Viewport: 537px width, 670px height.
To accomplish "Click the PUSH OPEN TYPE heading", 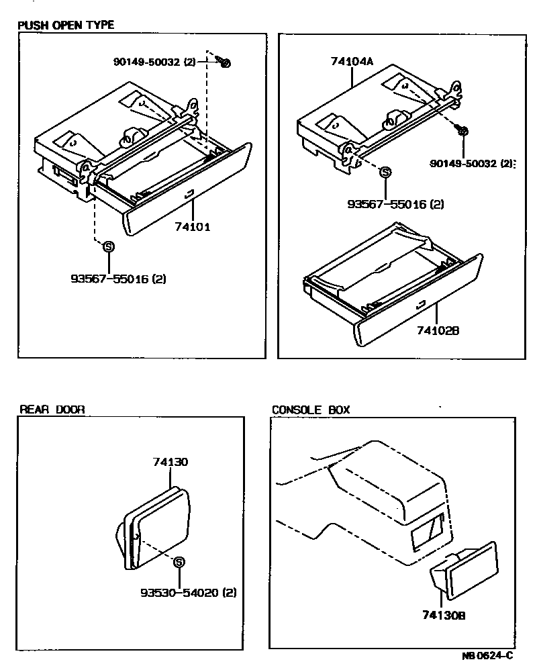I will point(66,25).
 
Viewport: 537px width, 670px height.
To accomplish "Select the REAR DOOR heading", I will point(51,410).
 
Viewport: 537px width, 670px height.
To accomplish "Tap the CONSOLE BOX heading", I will point(311,410).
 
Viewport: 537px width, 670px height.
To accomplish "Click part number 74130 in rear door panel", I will point(170,462).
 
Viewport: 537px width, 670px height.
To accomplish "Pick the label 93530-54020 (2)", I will point(189,593).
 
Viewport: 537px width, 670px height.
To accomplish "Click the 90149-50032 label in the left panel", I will point(154,62).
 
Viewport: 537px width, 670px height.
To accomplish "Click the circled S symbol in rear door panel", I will point(179,563).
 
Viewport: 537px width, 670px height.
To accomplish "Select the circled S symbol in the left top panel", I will point(107,246).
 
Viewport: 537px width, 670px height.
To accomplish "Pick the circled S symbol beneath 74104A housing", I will point(385,172).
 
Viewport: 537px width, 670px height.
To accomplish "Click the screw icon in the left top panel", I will point(224,62).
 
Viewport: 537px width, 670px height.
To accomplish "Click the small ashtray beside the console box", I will point(462,571).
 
